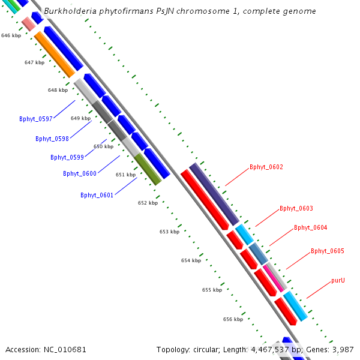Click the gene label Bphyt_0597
click(x=35, y=119)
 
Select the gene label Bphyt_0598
click(x=52, y=139)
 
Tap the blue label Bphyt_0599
click(x=67, y=157)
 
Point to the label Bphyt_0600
click(x=79, y=173)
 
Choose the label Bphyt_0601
click(x=97, y=195)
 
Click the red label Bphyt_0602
click(x=266, y=167)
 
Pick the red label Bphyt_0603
click(x=296, y=209)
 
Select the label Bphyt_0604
click(x=310, y=227)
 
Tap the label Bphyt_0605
click(x=327, y=251)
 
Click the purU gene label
click(x=338, y=280)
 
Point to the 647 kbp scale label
click(x=34, y=62)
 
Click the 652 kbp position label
click(x=148, y=203)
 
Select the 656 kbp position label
click(x=233, y=319)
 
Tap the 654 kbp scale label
click(x=191, y=260)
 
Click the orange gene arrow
click(x=54, y=54)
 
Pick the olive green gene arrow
click(x=148, y=169)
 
